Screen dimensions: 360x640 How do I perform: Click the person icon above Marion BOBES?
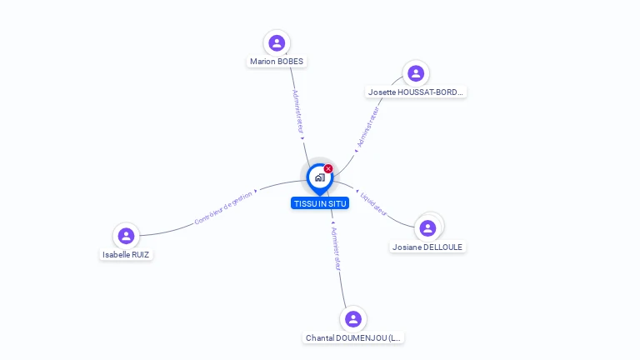(277, 42)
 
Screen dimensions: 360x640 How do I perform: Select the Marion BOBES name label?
(277, 62)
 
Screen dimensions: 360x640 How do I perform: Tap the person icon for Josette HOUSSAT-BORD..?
(414, 73)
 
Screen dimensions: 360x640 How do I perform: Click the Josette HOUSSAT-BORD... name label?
(415, 92)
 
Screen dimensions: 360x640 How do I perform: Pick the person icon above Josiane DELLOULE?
(427, 227)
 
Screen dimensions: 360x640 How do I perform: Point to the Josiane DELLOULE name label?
(428, 247)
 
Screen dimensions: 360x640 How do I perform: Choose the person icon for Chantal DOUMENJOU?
(353, 319)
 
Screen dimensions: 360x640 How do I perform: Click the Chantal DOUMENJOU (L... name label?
(353, 338)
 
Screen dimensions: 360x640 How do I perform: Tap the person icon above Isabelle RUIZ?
(126, 236)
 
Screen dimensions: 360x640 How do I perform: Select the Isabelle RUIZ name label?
(127, 255)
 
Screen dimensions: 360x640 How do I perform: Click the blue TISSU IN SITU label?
(320, 203)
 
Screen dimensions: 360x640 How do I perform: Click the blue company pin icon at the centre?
(319, 177)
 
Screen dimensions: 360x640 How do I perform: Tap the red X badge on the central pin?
(328, 168)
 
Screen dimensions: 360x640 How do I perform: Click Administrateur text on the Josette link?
(367, 127)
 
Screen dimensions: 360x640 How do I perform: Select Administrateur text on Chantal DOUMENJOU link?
(335, 248)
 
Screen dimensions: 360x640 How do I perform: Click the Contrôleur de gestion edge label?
(222, 208)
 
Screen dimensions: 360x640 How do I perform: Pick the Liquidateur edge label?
(373, 204)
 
